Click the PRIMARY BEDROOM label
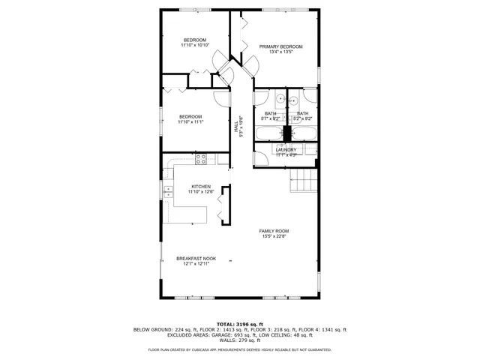pos(280,46)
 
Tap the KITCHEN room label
pos(200,187)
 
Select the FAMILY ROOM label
pos(274,231)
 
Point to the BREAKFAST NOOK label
pos(196,258)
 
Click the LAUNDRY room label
pos(286,150)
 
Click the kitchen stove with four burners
pos(201,159)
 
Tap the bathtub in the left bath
pos(268,134)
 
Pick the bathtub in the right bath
pos(303,134)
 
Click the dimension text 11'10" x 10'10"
pos(195,45)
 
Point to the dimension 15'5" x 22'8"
pos(274,236)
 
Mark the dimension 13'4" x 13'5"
pos(280,52)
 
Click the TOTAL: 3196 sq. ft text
pos(240,323)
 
